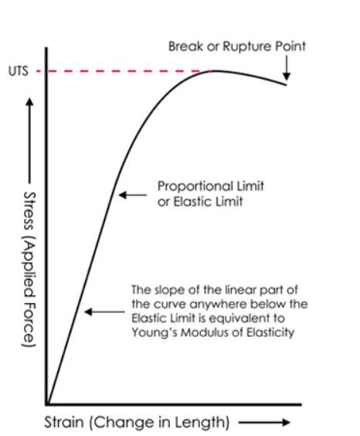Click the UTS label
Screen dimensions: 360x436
pyautogui.click(x=19, y=71)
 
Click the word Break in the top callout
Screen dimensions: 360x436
pyautogui.click(x=186, y=46)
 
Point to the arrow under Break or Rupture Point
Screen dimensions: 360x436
pyautogui.click(x=287, y=68)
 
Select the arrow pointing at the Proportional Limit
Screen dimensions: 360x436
pyautogui.click(x=133, y=195)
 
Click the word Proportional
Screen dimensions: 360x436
pyautogui.click(x=195, y=186)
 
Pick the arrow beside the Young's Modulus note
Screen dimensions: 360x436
pyautogui.click(x=104, y=312)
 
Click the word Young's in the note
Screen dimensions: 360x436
pyautogui.click(x=155, y=332)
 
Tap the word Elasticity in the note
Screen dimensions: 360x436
pyautogui.click(x=270, y=332)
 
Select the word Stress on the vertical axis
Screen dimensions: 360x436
pyautogui.click(x=29, y=211)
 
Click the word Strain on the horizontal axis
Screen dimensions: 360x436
pyautogui.click(x=64, y=422)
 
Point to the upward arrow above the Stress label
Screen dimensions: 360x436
pyautogui.click(x=29, y=141)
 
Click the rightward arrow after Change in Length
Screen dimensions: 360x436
pyautogui.click(x=264, y=422)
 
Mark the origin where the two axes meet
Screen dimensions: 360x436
pyautogui.click(x=46, y=404)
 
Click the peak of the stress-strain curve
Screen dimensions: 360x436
pyautogui.click(x=217, y=71)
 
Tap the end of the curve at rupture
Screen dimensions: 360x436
pyautogui.click(x=286, y=85)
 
